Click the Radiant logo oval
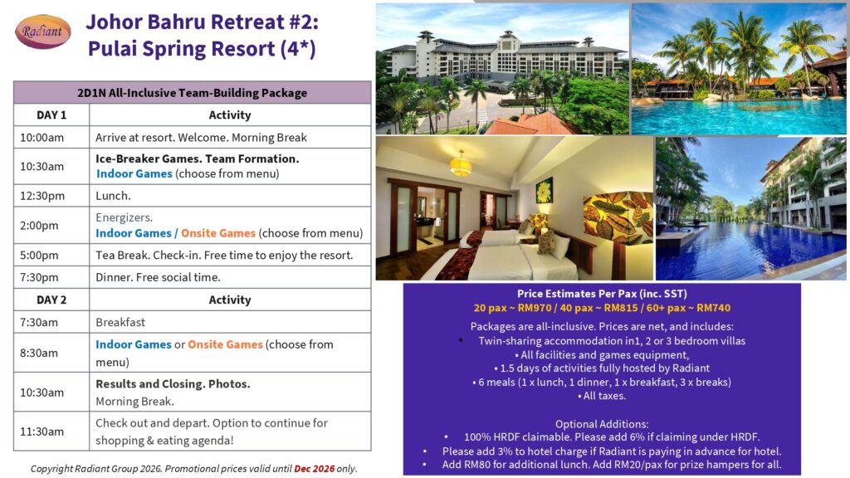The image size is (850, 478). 43,32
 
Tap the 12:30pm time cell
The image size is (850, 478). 51,196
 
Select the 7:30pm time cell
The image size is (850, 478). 51,277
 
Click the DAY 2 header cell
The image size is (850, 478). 51,300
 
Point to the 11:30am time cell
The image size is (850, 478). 51,432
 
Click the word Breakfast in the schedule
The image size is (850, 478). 120,322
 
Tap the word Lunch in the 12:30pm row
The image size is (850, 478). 112,196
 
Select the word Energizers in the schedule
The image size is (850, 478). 124,218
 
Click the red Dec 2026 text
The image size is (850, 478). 315,469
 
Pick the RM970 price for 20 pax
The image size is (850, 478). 535,308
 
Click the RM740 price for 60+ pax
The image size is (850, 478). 713,308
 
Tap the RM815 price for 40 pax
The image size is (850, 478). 622,308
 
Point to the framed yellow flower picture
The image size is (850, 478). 544,191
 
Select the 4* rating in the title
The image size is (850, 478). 298,49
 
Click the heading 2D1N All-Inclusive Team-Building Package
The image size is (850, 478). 192,93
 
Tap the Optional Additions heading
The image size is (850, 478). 602,424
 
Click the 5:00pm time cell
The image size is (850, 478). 51,255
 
